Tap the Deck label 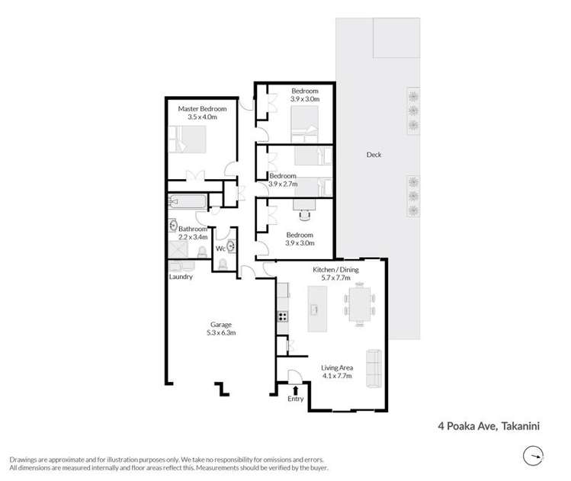373,155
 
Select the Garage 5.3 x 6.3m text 221,329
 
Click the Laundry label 181,277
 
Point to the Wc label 220,249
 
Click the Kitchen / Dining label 335,270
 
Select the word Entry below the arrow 296,399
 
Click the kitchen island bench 313,308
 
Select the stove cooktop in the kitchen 282,316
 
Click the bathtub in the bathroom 188,203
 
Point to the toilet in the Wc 223,264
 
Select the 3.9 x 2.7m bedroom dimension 283,184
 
